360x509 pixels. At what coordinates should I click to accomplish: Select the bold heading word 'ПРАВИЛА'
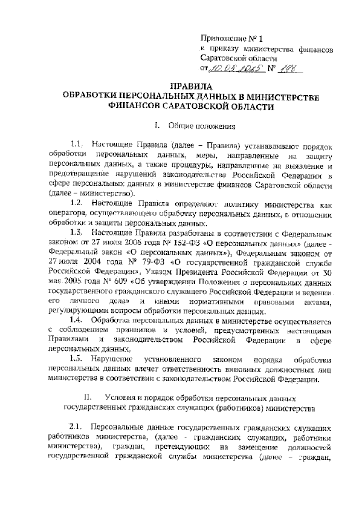(x=191, y=87)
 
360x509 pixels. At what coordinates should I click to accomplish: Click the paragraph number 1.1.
(x=76, y=145)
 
